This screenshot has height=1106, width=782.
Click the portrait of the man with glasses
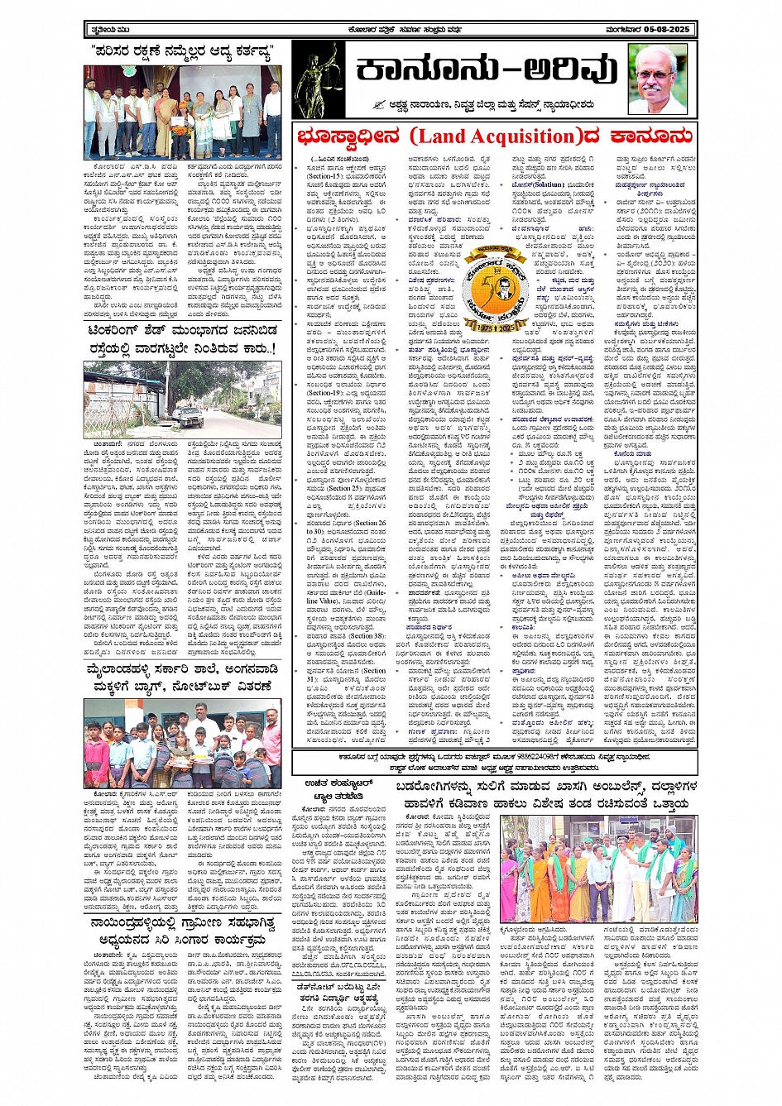coord(656,79)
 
